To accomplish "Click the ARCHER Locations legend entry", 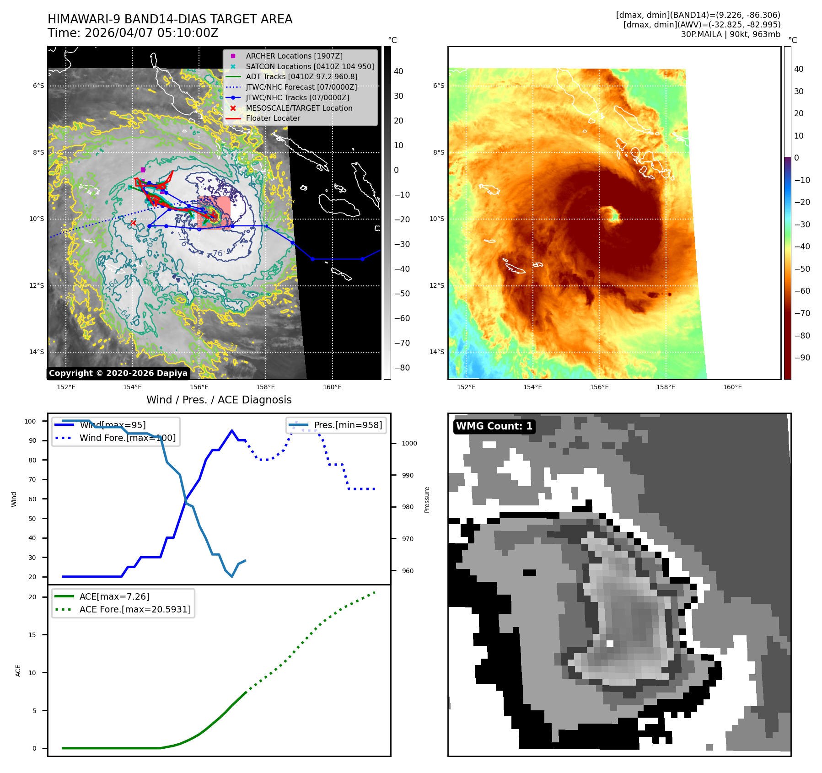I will (294, 56).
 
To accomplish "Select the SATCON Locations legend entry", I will (310, 66).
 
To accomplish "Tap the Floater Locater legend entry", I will (273, 118).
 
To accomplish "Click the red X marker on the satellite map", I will (133, 223).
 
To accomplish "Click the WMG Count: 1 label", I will (494, 426).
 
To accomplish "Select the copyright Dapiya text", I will (118, 373).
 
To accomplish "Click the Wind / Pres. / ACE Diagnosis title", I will (219, 400).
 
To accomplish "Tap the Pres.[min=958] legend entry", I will (348, 425).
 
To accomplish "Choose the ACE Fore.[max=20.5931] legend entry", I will (135, 609).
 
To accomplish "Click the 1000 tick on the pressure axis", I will (409, 443).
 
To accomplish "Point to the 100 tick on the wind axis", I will (30, 421).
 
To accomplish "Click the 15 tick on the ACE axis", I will (32, 635).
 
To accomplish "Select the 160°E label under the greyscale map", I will (332, 387).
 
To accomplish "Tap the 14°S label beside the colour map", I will (437, 352).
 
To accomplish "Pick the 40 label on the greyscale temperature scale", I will (398, 71).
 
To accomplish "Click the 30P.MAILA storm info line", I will (731, 34).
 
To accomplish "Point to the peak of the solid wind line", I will (232, 430).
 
